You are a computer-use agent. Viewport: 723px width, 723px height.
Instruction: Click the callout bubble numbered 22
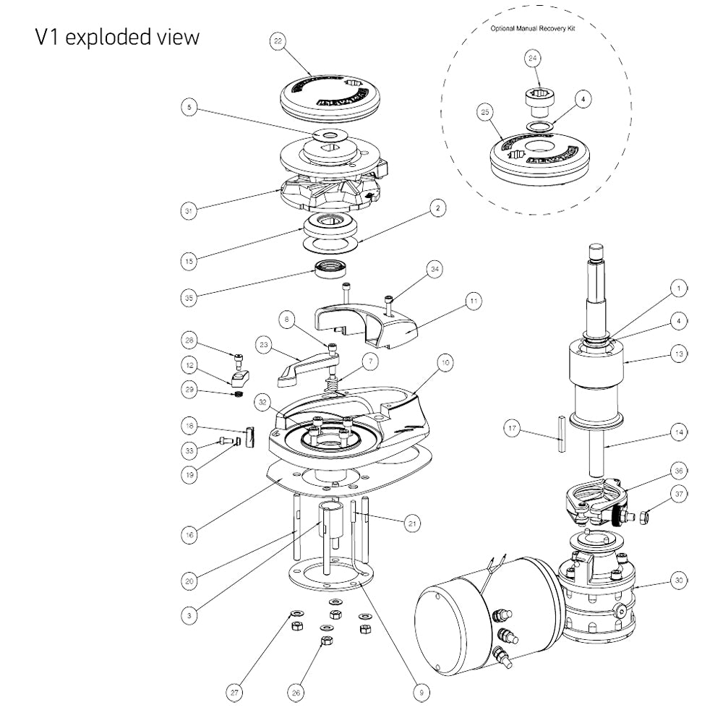[x=277, y=42]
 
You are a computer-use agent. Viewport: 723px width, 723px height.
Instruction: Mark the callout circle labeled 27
[x=234, y=692]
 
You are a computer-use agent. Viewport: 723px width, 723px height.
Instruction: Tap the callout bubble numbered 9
[x=420, y=692]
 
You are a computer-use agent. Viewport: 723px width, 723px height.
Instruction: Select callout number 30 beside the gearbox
[x=678, y=579]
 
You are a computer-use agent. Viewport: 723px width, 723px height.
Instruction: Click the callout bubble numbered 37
[x=678, y=494]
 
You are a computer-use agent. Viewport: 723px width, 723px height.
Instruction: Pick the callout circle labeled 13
[x=678, y=354]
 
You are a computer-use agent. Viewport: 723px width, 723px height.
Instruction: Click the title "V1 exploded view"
[x=116, y=38]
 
